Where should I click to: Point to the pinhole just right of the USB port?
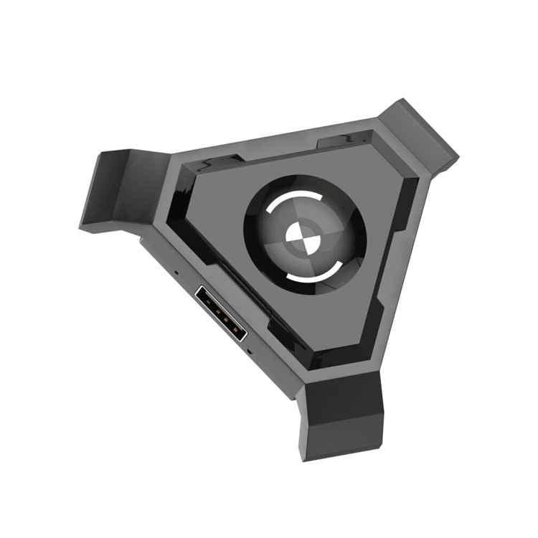click(250, 351)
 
